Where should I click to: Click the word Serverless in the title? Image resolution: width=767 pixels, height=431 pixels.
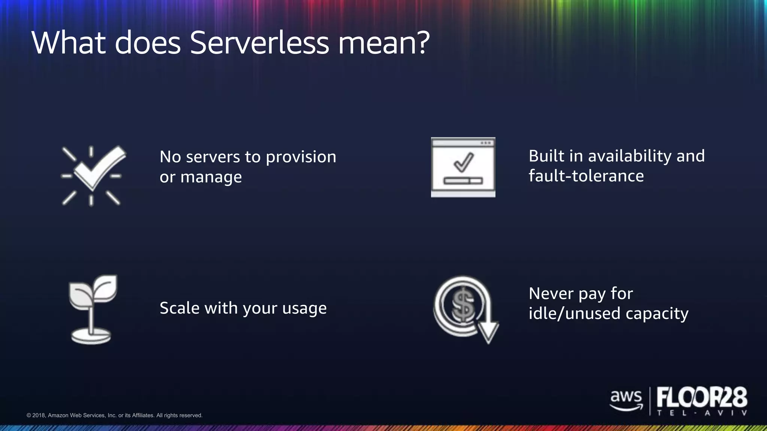pos(259,43)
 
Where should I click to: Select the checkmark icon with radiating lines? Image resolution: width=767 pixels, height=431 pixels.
pos(92,175)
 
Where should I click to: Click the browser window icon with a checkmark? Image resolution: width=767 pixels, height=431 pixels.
pos(463,167)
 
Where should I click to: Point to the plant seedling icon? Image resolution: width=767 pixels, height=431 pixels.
pos(92,309)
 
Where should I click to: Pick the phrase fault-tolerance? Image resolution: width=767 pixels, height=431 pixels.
pos(586,176)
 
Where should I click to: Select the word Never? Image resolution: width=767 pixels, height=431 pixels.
pos(551,294)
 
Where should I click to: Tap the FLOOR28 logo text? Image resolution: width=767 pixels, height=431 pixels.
pos(702,397)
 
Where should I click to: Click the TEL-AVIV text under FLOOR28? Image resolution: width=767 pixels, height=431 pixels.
pos(702,413)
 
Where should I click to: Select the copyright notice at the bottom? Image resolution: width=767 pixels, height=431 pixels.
pos(115,415)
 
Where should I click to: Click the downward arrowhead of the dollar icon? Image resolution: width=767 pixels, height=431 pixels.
pos(488,331)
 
